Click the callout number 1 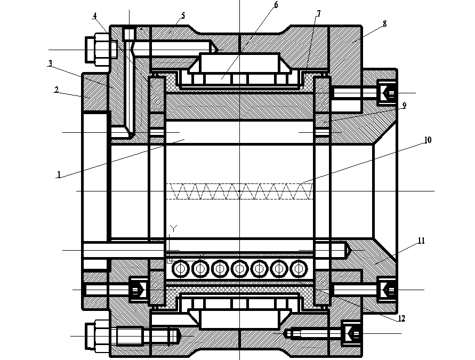(59, 174)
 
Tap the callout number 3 (50, 63)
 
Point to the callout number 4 (94, 15)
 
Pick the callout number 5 (183, 15)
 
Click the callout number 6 (276, 5)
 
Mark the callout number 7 (318, 12)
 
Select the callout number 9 (405, 106)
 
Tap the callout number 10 (428, 140)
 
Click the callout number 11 (421, 241)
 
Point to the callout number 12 (401, 319)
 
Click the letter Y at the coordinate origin (173, 228)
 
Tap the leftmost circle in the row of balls (180, 268)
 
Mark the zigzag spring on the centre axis (240, 191)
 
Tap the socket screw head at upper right (388, 93)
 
